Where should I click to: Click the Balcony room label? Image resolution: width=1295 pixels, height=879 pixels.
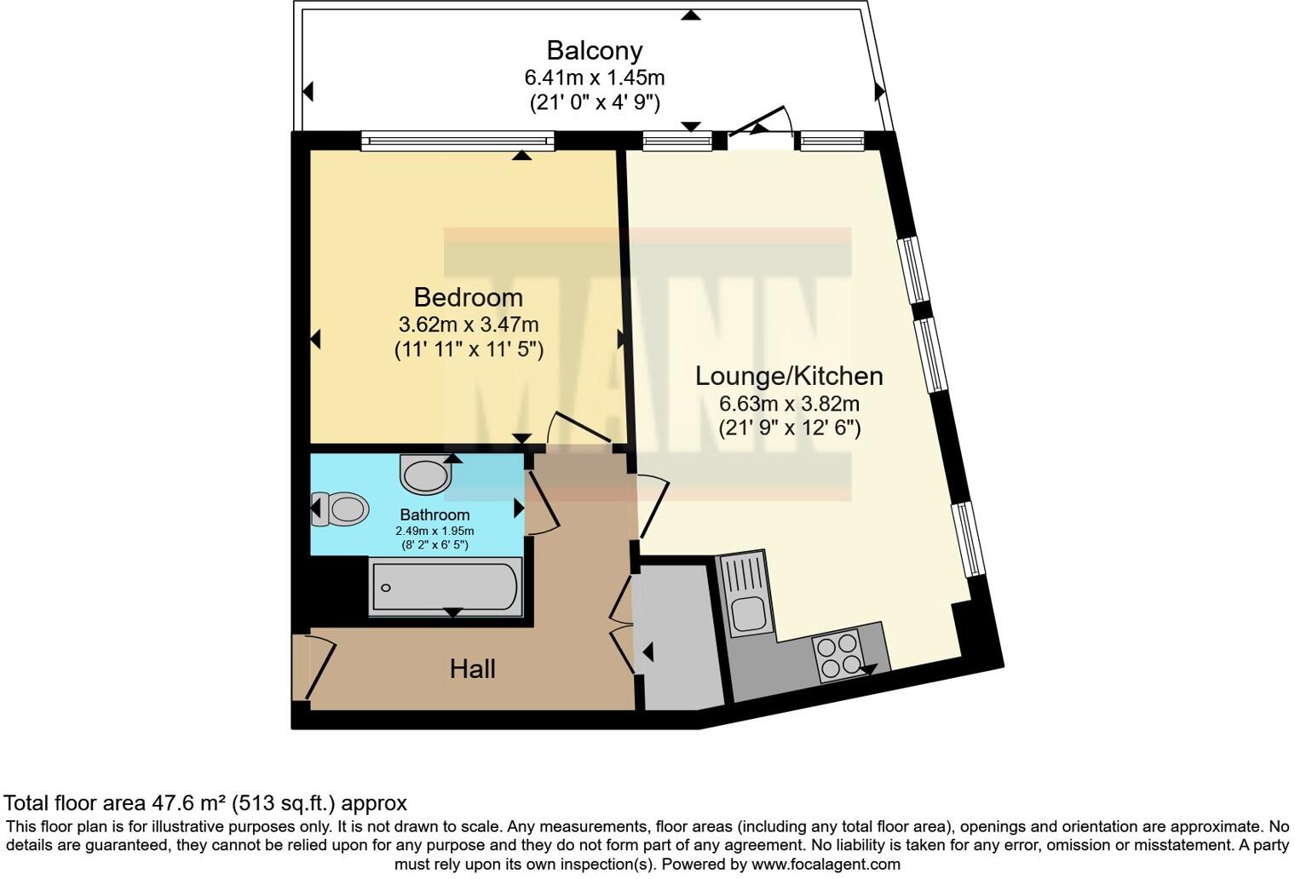[594, 50]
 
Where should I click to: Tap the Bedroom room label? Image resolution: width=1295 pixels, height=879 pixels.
[468, 297]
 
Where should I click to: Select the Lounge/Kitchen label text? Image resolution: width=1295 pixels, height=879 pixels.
[788, 376]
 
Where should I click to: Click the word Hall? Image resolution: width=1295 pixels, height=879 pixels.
[472, 669]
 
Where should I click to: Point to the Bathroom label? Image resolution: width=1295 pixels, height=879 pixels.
[435, 514]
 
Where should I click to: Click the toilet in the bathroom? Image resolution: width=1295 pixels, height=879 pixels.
[343, 509]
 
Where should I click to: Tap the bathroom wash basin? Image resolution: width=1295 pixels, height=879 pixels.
[425, 474]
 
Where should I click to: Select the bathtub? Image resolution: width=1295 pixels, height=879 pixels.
[444, 587]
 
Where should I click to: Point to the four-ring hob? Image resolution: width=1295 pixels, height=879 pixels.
[839, 658]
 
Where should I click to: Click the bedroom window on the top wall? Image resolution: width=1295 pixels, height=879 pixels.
[458, 141]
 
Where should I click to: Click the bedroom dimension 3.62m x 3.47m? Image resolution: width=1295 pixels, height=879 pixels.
[468, 325]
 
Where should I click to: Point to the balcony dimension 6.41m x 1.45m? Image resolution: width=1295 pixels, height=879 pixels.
[594, 78]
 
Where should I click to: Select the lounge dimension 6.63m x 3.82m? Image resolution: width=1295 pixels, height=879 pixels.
[788, 403]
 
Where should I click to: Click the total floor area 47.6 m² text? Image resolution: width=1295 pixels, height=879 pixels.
[205, 803]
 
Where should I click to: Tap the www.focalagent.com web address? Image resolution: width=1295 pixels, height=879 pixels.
[824, 864]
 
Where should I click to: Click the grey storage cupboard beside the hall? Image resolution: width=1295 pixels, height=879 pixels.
[678, 635]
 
